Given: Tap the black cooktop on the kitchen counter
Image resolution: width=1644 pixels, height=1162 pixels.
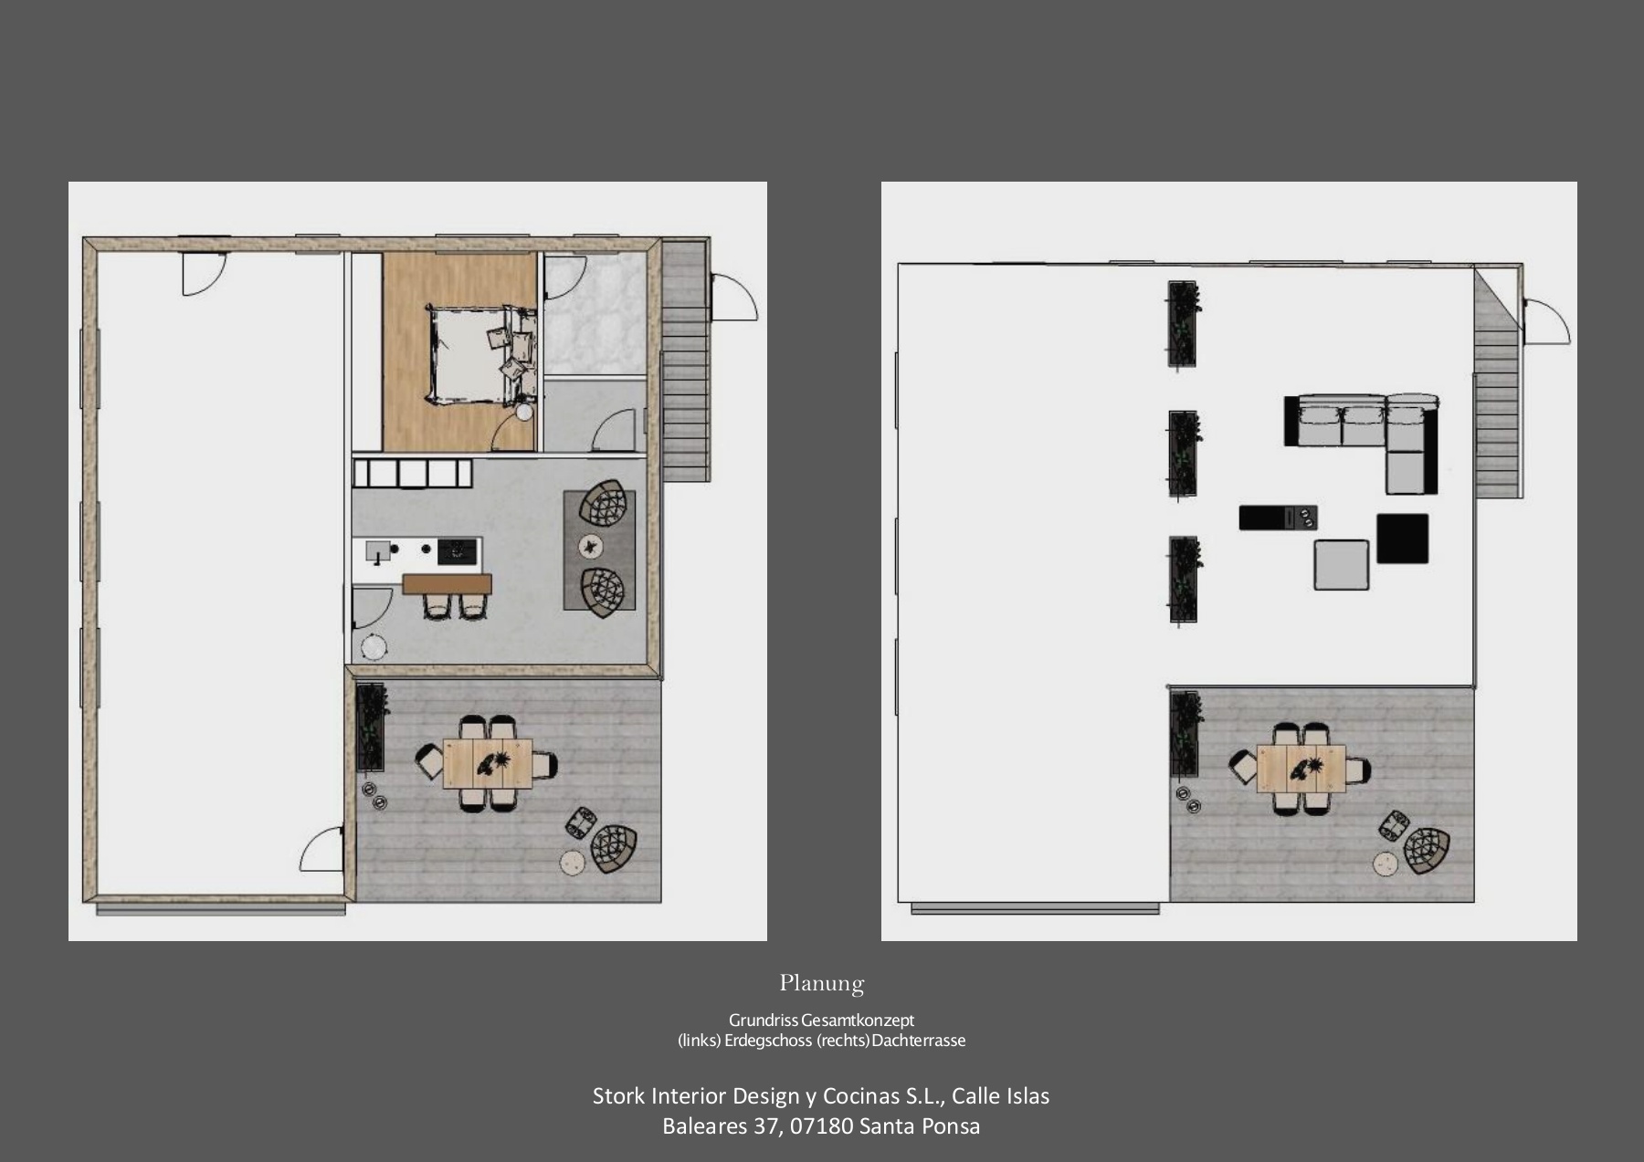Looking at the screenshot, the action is (x=458, y=550).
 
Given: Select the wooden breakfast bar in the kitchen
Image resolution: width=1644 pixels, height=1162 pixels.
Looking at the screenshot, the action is (x=447, y=583).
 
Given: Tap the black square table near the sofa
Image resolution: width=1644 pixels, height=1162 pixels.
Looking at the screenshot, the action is (x=1402, y=539).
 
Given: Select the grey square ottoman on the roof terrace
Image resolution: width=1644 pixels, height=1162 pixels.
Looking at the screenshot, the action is (x=1342, y=565).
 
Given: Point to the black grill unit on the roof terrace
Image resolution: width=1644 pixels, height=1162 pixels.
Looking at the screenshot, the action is (x=1278, y=518).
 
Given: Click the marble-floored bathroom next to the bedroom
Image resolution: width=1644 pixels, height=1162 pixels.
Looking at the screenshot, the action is (x=595, y=314).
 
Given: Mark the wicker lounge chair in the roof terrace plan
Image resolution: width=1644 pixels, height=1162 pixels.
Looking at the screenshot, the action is (x=1426, y=850).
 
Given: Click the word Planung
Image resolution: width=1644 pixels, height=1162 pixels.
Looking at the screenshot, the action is (x=822, y=983).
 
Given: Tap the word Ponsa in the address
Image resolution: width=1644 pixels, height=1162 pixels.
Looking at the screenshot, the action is (x=952, y=1126).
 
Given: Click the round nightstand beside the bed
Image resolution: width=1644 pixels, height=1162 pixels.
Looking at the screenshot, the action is (x=524, y=413).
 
